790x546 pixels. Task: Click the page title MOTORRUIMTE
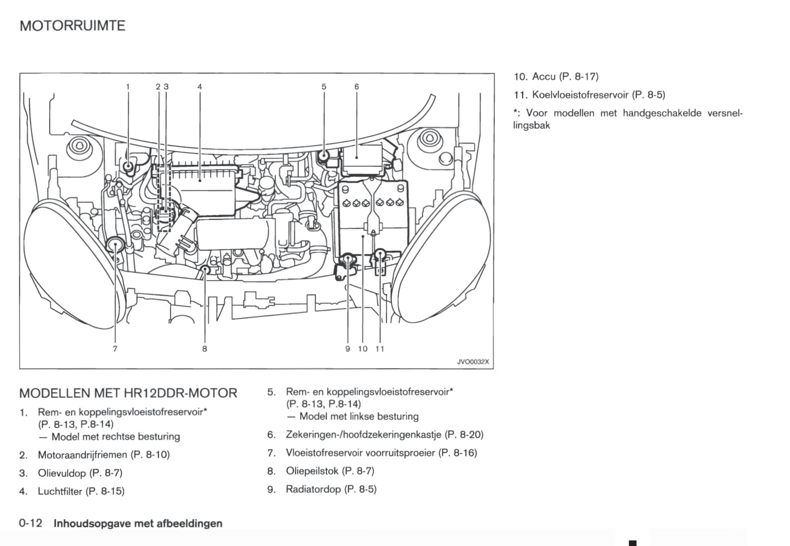[72, 26]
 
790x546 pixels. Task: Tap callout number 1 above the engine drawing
[128, 86]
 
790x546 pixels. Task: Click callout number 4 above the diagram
[200, 86]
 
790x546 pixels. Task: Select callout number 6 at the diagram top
[356, 86]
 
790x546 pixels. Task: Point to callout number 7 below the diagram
[115, 348]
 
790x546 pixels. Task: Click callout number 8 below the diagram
[204, 348]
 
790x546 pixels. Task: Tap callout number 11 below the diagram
[380, 348]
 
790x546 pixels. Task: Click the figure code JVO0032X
[473, 362]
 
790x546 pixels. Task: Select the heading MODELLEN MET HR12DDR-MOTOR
[128, 393]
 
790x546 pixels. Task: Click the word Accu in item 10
[544, 77]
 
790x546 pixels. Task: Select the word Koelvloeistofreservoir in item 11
[581, 95]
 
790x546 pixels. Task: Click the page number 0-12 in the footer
[31, 523]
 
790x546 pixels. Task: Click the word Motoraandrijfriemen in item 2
[83, 455]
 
